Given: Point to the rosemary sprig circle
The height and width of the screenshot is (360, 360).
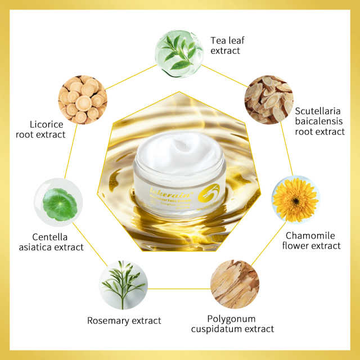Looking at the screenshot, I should [x=123, y=285].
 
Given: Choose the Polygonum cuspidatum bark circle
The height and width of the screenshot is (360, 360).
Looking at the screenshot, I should [x=235, y=284].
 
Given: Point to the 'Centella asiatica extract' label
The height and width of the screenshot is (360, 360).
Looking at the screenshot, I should [x=50, y=242].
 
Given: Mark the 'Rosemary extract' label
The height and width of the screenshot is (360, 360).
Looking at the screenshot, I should [x=124, y=321].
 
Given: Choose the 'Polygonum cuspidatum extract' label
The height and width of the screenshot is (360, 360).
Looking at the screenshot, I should [x=232, y=324].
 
